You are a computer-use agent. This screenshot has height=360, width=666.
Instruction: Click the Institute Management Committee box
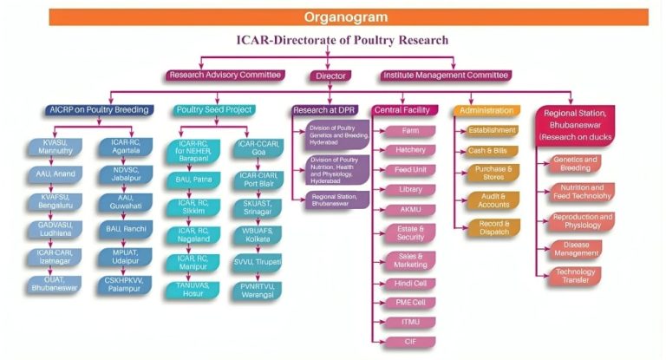pyautogui.click(x=445, y=75)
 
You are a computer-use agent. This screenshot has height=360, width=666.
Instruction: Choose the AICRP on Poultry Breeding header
pyautogui.click(x=98, y=110)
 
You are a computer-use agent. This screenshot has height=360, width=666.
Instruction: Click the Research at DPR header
pyautogui.click(x=325, y=110)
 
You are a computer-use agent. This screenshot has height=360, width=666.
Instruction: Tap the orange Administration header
pyautogui.click(x=486, y=110)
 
